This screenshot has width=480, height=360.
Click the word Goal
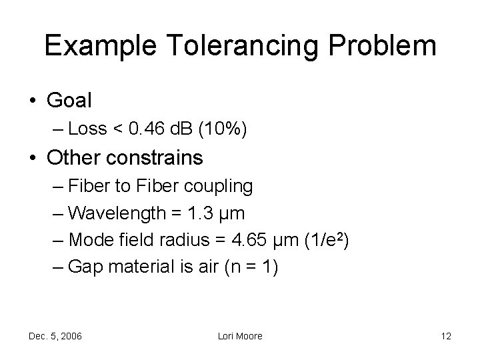click(x=69, y=101)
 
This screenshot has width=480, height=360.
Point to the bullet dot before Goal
click(x=33, y=101)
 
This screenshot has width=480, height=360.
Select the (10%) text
click(x=223, y=129)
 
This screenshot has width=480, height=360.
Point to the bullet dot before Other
click(x=33, y=159)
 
